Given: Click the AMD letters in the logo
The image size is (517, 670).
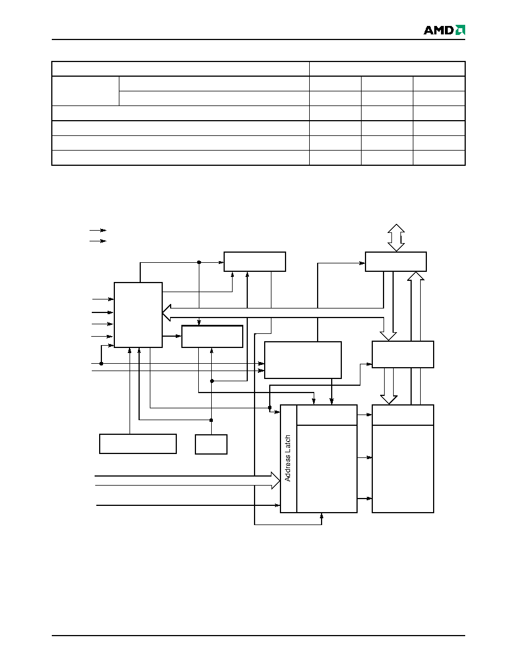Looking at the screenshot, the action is tap(439, 30).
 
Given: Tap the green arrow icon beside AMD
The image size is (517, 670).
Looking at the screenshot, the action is tap(460, 30).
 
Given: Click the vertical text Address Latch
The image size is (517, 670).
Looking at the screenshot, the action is tap(288, 459).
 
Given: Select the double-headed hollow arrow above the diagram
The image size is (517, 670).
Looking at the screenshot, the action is tap(396, 237).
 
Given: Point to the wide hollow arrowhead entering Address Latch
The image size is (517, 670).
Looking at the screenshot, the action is tap(275, 481).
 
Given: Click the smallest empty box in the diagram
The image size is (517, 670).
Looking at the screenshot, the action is tap(211, 444).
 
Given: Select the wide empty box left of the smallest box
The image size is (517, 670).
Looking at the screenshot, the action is tap(138, 444).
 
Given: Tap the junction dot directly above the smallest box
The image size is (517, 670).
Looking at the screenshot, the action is tap(211, 420).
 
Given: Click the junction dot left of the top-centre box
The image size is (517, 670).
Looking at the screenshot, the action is tap(199, 262).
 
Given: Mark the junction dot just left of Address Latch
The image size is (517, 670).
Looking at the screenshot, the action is tap(270, 408).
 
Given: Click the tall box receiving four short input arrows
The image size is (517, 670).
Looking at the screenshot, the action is tap(138, 315).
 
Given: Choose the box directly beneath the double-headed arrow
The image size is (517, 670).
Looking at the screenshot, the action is tap(396, 262).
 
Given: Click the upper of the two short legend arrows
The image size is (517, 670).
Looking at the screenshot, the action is tap(98, 230).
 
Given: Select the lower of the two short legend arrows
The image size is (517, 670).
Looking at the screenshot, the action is tap(98, 241).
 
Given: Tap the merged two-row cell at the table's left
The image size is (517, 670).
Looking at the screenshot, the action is tap(85, 91).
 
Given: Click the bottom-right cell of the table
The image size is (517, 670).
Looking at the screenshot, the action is tap(439, 158).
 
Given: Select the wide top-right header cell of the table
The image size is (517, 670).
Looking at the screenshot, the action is tap(387, 69).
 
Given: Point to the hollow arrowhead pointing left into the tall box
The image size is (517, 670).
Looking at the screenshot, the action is tap(166, 313).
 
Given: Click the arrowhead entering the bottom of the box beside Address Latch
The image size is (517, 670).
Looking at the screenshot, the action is tap(322, 515).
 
